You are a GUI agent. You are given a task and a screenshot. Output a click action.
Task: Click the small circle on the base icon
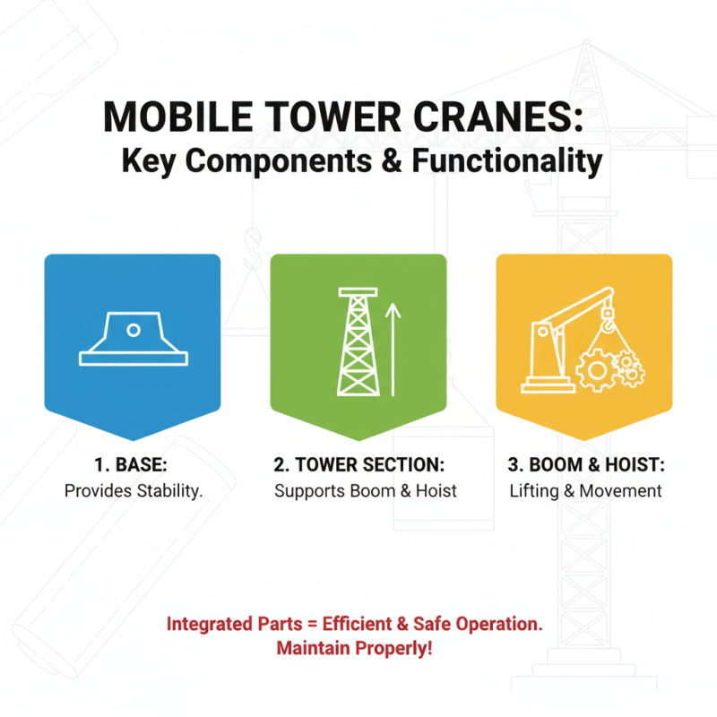(133, 330)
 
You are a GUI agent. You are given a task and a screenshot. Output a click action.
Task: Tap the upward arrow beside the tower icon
(392, 350)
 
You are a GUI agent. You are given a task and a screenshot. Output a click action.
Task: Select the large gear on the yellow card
(594, 368)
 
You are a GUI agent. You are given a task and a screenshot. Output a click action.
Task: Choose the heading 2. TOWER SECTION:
(358, 465)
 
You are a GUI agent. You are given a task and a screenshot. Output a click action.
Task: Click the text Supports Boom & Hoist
(365, 490)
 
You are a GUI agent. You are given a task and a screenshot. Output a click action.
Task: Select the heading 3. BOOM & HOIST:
(584, 465)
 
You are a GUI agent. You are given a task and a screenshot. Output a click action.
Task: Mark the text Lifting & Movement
(585, 490)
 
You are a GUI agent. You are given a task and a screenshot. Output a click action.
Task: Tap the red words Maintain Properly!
(354, 647)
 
